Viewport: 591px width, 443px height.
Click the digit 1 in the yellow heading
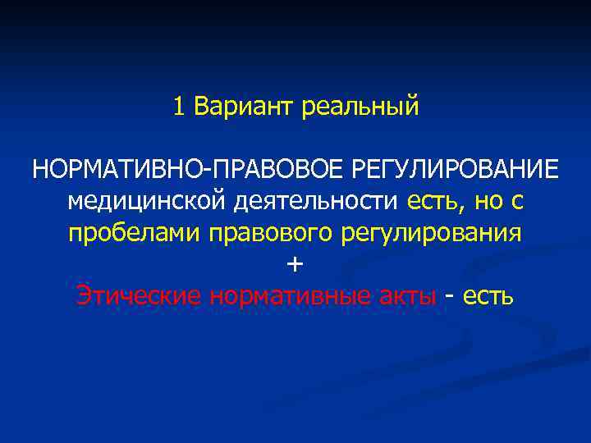179,107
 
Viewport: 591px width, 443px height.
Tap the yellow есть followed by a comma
430,201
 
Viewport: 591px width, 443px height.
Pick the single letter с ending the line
519,202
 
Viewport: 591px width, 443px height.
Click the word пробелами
135,232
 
